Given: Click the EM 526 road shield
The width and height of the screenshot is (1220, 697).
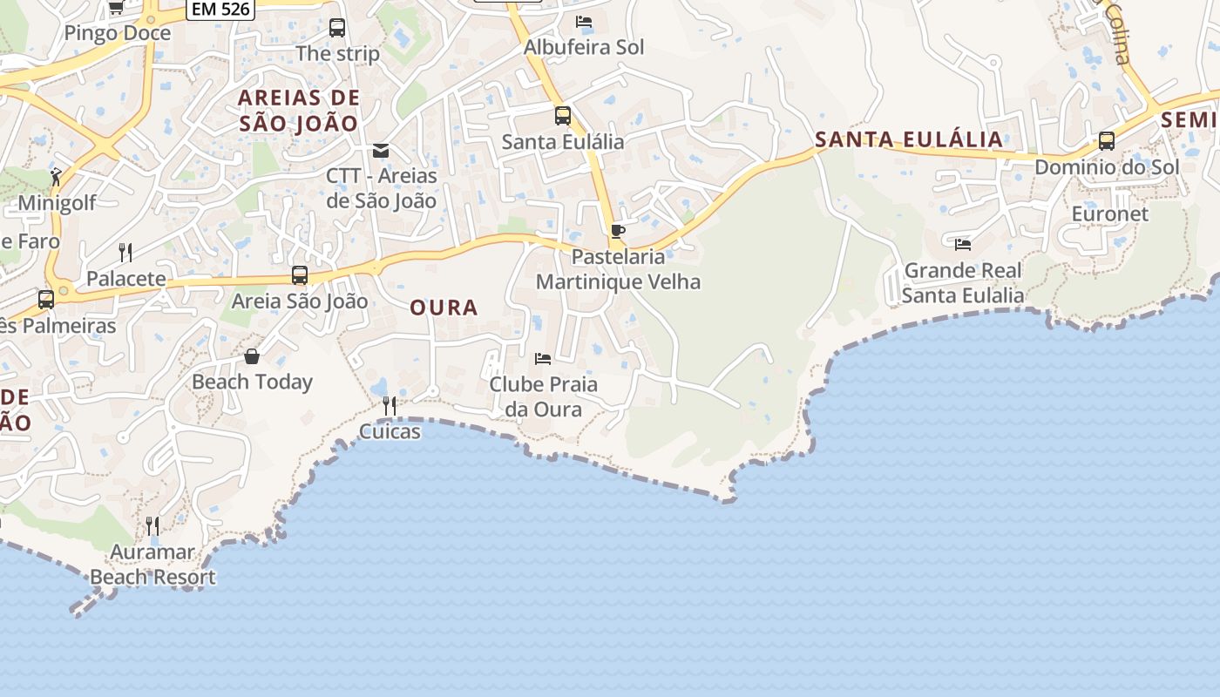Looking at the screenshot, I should (x=220, y=10).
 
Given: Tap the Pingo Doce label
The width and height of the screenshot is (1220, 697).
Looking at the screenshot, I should (x=118, y=33).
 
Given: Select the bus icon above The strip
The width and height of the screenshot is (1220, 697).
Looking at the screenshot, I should (x=337, y=28).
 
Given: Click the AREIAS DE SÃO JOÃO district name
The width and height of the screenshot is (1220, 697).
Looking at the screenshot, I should (x=299, y=110).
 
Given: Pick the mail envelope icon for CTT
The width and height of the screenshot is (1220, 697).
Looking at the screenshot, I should (x=381, y=151).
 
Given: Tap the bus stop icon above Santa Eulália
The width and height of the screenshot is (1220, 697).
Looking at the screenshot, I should (x=563, y=115).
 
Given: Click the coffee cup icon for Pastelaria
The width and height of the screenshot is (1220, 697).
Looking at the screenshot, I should (x=618, y=231).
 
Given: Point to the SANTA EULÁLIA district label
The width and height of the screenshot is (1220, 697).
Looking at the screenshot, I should (x=909, y=139).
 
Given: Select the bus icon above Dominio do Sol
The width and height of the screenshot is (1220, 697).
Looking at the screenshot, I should (x=1107, y=140).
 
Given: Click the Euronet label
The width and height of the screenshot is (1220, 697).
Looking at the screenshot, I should (x=1110, y=213).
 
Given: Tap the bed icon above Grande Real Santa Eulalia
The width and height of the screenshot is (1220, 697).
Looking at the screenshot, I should (x=963, y=245).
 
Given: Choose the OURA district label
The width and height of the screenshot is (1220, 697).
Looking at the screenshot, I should (x=444, y=308).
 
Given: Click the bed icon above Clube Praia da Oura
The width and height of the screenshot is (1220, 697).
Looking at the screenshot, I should (x=543, y=358).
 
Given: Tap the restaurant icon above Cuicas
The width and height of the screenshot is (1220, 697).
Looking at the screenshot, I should (x=390, y=405).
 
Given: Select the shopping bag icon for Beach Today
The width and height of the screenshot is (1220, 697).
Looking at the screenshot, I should (x=252, y=356).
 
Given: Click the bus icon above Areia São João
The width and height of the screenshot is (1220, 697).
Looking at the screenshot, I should (x=300, y=276).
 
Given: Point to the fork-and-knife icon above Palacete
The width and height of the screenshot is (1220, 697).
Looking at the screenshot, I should (x=125, y=253).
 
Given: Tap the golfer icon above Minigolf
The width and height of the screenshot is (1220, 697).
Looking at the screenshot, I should (x=57, y=177).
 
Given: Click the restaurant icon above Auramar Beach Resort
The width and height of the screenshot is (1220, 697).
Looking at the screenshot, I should (x=152, y=525).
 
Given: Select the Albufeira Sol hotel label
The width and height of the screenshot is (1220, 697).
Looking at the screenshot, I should (x=584, y=47).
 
